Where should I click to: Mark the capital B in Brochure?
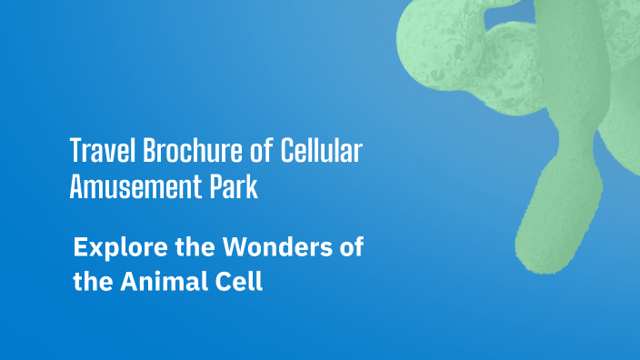point(138,150)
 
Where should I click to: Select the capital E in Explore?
point(79,246)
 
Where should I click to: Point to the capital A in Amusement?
point(76,188)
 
